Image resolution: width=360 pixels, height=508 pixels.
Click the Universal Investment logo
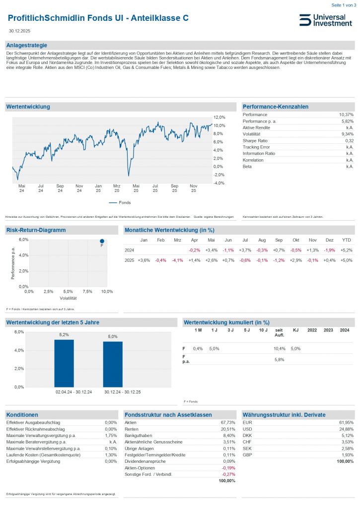pos(325,20)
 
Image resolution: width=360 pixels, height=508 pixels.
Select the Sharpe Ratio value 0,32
pos(348,141)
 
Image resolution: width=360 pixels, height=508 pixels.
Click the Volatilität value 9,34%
pos(346,134)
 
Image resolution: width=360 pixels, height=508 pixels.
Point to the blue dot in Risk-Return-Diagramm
pos(102,241)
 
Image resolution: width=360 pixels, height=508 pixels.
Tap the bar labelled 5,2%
pos(64,363)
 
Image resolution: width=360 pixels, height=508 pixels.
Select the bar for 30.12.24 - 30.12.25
pos(113,364)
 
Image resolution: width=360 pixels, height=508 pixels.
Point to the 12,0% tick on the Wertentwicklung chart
pos(219,117)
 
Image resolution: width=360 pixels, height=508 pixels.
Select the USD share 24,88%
pos(347,429)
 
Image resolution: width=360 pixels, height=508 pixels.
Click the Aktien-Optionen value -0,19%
pos(227,468)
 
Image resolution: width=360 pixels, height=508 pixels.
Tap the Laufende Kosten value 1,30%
pos(111,455)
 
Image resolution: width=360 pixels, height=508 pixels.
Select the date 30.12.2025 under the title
pos(20,31)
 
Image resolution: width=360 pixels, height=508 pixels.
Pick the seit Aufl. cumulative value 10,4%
pos(279,349)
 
